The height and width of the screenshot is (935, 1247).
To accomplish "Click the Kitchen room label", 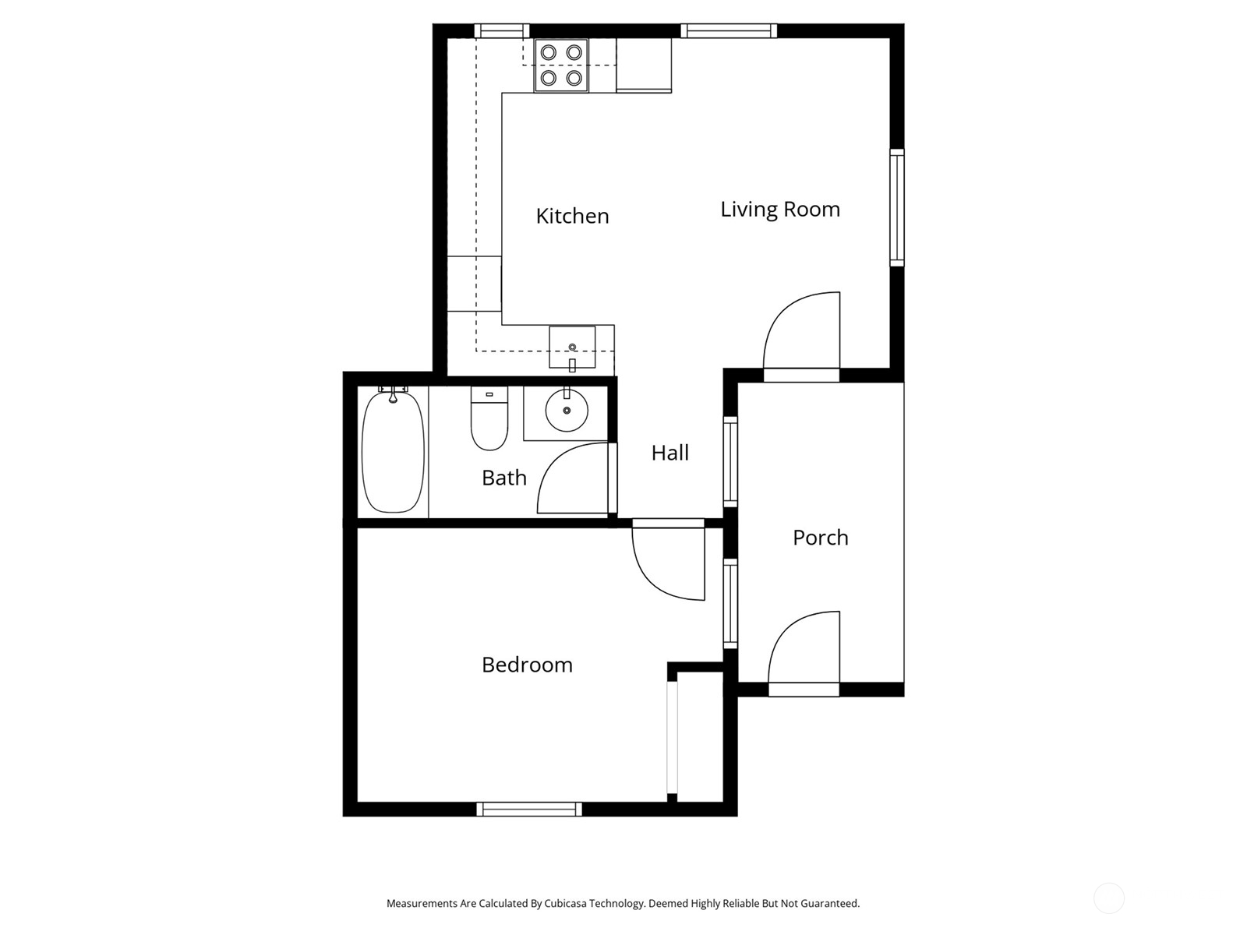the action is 572,217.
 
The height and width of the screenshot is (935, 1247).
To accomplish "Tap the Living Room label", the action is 780,210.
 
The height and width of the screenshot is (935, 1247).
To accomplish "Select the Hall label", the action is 669,453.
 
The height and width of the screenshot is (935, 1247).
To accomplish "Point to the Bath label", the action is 504,478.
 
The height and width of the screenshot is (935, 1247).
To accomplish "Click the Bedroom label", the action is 527,665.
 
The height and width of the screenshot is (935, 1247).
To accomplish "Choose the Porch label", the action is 821,538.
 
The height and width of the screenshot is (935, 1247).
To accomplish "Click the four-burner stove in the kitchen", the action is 560,65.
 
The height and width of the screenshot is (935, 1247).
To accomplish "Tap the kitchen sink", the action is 572,348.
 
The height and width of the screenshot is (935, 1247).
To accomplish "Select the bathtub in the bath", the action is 393,451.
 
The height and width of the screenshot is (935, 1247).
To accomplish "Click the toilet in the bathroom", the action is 489,419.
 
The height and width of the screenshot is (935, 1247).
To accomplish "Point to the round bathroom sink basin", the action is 567,410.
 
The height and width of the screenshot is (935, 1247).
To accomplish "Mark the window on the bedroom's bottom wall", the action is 529,809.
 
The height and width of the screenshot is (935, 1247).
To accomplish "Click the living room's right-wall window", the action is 897,207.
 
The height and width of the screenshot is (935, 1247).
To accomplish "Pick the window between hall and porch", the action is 730,461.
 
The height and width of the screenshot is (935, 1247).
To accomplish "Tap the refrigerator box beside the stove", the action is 644,65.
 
